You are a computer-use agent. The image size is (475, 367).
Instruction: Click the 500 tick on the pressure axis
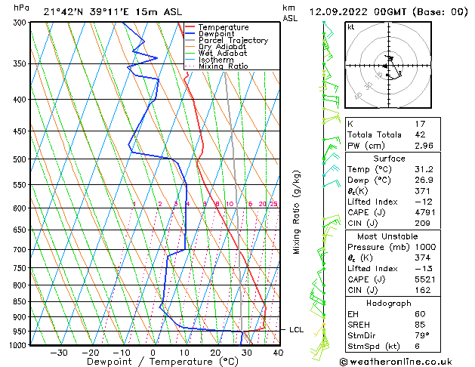(x=19, y=159)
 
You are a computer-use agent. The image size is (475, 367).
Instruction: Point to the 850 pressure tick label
(x=19, y=301)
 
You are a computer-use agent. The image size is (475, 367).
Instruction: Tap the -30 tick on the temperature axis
(x=58, y=352)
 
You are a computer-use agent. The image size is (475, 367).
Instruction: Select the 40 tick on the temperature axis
(x=278, y=352)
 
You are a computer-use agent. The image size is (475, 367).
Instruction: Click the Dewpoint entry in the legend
(x=212, y=34)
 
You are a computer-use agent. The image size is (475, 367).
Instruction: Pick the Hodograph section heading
(x=389, y=303)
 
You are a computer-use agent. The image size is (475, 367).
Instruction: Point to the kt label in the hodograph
(x=350, y=26)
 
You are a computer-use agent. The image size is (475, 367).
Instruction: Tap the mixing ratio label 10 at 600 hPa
(x=229, y=204)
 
